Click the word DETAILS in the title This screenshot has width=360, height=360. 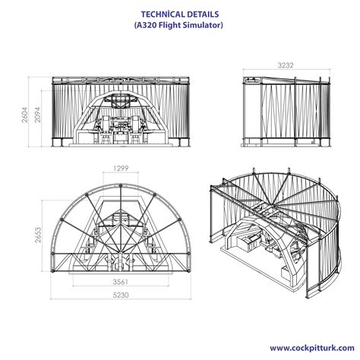tap(201, 14)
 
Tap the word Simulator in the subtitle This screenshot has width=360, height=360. tap(199, 27)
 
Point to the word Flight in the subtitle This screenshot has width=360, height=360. tap(169, 27)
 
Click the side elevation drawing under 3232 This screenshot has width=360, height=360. tap(288, 114)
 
